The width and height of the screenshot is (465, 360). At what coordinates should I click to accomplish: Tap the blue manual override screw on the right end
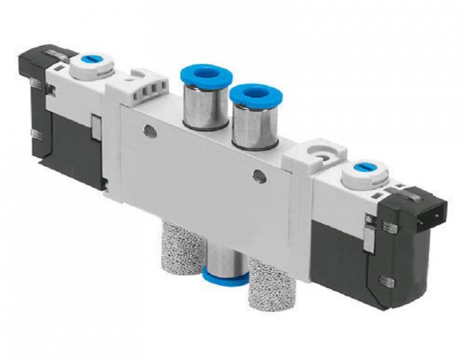click(358, 168)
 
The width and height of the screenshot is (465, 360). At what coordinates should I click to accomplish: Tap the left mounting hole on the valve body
click(149, 132)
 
